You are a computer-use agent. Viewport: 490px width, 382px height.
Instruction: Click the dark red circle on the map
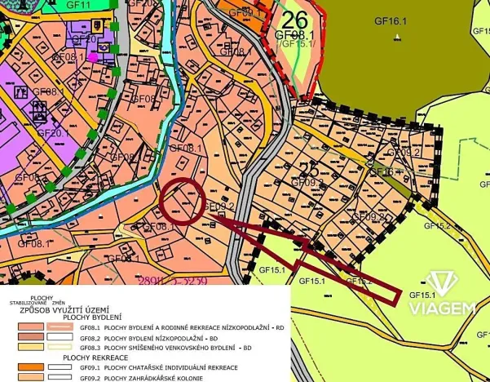[182, 199]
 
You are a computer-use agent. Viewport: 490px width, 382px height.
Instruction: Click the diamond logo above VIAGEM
[442, 283]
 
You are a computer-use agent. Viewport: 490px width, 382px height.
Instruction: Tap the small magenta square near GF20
[92, 57]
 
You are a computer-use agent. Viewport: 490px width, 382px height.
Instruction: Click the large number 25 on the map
[307, 169]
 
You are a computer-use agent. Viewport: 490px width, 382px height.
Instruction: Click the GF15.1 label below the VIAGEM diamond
[422, 295]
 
